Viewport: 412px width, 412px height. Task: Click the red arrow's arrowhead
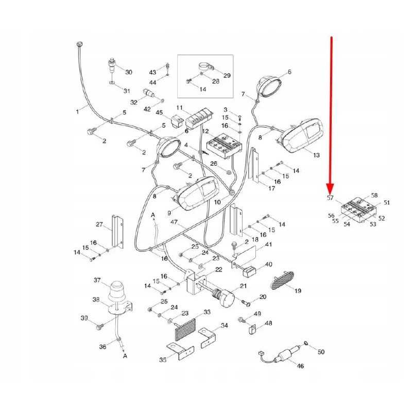coord(331,186)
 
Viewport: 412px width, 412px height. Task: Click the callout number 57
coord(330,197)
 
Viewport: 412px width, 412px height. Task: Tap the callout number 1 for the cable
coord(78,110)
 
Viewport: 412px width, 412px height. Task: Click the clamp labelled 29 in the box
coord(206,67)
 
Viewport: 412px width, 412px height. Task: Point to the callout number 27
coord(100,224)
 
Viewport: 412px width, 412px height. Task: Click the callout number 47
coord(174,222)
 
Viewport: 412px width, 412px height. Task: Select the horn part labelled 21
coord(224,297)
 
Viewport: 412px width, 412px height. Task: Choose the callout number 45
coord(159,113)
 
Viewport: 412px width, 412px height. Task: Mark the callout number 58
coord(374,196)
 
